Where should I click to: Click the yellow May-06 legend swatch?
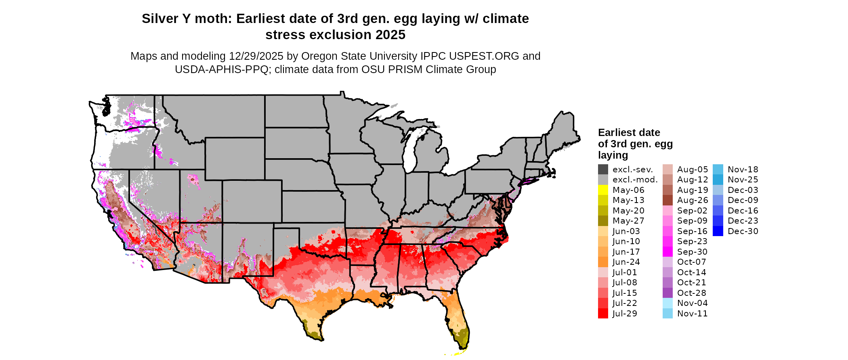603,190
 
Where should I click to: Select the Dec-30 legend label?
743,231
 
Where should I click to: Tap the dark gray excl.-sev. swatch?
603,170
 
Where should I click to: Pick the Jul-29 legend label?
624,314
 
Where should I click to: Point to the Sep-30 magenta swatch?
667,252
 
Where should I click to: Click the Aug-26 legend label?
692,200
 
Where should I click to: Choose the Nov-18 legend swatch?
718,170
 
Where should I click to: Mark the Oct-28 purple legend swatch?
667,293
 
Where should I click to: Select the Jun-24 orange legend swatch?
603,262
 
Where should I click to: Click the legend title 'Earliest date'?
629,132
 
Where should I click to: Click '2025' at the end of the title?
390,35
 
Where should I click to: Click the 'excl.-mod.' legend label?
635,180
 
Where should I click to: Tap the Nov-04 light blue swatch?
667,303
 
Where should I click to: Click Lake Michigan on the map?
411,153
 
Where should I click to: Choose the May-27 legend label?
628,221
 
